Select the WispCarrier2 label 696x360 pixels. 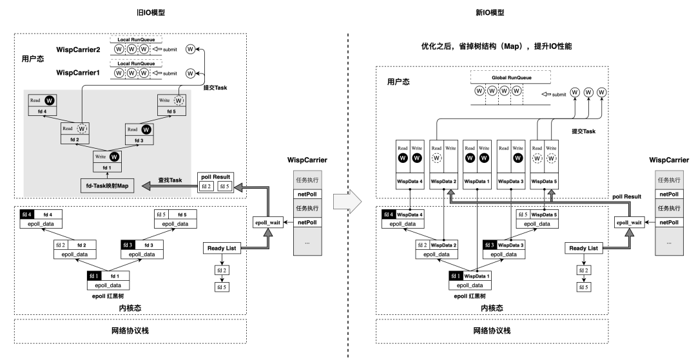point(78,50)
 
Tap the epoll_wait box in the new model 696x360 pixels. point(629,222)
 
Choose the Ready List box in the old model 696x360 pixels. point(222,248)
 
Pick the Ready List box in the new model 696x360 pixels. point(583,248)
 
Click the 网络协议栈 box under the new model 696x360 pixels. point(492,330)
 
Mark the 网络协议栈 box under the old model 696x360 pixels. point(131,330)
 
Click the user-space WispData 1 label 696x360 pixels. point(478,181)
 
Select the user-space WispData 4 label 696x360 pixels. point(411,181)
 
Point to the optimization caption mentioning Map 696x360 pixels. point(496,47)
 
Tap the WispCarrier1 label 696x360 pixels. point(78,73)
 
